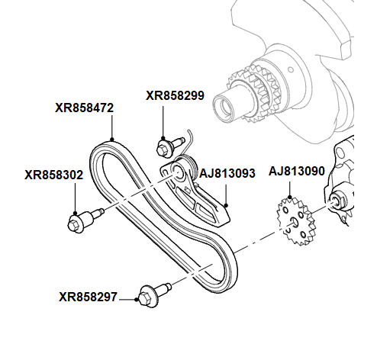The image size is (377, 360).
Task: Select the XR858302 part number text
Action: coord(53,175)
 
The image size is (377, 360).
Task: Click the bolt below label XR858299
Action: coord(169,144)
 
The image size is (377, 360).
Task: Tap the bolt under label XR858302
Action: coord(82,221)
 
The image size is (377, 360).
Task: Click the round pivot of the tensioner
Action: coord(182,169)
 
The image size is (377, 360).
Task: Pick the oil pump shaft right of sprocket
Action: coord(337,203)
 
